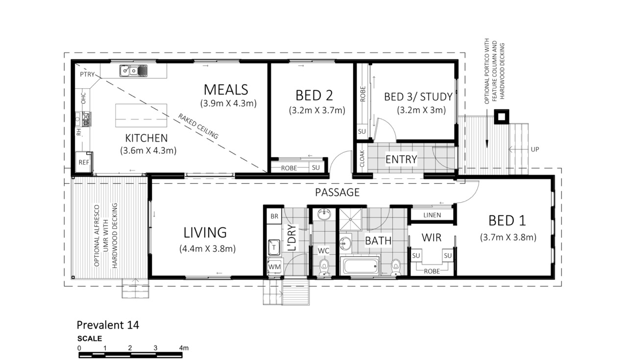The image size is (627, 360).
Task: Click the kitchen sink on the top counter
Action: coord(134,71)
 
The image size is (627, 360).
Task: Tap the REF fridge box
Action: coord(84,162)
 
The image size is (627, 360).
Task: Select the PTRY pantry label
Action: coord(87,74)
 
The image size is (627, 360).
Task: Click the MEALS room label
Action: coord(226,90)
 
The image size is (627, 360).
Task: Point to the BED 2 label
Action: coord(314,96)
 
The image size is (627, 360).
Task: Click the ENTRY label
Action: coord(401,159)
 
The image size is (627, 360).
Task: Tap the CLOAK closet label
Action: coord(362,159)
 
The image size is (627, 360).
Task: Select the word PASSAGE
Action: coord(338,192)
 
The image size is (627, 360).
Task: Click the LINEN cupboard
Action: coord(432,215)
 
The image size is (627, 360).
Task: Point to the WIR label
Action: coord(432,238)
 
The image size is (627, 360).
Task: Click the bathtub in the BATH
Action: coord(360,266)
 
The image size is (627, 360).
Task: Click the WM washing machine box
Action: coord(274,267)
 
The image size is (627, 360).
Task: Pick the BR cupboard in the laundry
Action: coord(274,216)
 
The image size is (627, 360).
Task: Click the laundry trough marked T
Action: coord(274,247)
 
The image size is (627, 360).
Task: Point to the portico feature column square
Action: coord(502,117)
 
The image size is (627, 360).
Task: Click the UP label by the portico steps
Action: coord(534,149)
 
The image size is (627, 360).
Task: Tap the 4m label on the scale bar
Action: coord(184,348)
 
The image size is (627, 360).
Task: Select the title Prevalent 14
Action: coord(108,325)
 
